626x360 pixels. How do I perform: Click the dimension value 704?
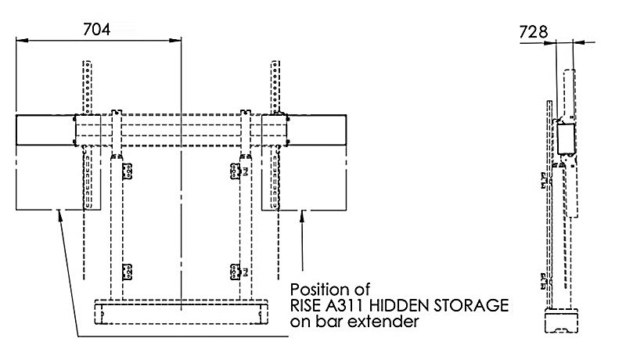(96, 29)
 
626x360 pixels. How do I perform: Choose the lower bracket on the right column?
(236, 272)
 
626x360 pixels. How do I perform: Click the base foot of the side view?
(563, 323)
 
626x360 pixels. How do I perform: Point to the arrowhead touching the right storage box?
(302, 217)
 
